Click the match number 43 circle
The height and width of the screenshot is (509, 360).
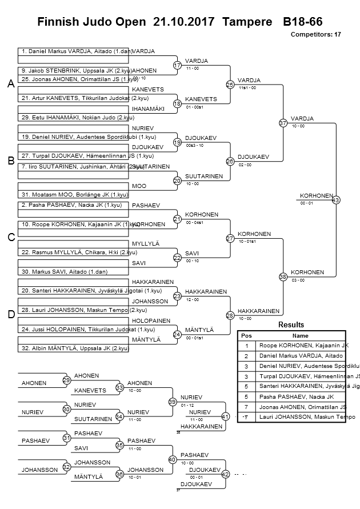335,200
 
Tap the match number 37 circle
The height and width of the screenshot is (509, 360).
283,123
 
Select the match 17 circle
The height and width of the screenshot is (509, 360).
177,66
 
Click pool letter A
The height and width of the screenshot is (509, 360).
10,84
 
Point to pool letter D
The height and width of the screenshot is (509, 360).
10,314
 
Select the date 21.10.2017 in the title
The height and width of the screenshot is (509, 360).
184,22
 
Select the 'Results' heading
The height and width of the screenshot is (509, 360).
291,325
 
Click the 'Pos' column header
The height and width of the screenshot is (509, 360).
246,336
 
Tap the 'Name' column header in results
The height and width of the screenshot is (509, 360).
300,336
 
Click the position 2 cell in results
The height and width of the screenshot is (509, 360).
246,355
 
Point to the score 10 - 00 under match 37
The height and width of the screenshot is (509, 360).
298,126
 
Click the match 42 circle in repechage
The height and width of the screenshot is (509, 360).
225,474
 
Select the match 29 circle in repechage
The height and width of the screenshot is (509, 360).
66,380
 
